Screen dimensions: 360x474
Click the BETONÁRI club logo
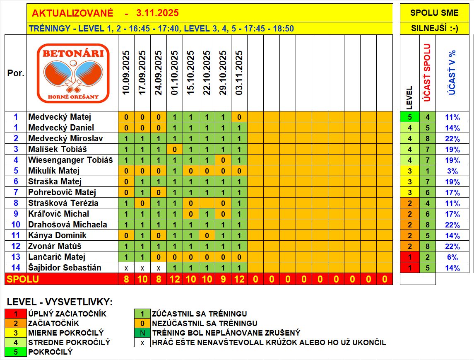(73, 73)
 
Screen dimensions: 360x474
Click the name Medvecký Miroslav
(65, 138)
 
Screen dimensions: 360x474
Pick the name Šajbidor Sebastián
(65, 268)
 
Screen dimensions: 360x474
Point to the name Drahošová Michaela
(67, 225)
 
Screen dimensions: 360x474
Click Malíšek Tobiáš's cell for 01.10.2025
(175, 149)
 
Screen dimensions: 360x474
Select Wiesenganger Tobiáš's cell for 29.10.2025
(223, 160)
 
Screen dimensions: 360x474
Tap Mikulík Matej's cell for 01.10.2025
(175, 171)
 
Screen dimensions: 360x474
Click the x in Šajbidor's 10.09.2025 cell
(126, 268)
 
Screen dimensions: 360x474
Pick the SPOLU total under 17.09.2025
(142, 279)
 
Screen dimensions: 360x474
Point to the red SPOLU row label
(22, 279)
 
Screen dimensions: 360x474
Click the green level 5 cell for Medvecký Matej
(410, 117)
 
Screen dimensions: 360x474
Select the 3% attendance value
(452, 171)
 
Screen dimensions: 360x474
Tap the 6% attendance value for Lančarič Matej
(452, 257)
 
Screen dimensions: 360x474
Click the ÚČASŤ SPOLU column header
(427, 72)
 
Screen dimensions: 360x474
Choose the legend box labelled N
(142, 333)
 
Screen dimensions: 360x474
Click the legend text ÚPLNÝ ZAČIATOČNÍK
(67, 314)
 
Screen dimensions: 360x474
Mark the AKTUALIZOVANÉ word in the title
(72, 13)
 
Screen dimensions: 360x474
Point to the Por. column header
(16, 73)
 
